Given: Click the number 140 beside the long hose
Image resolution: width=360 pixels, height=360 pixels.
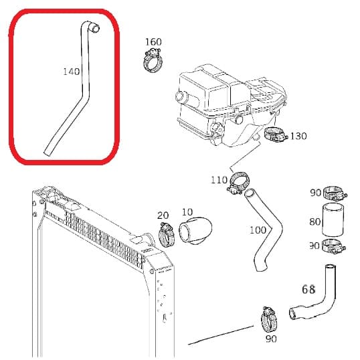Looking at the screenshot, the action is pyautogui.click(x=72, y=72).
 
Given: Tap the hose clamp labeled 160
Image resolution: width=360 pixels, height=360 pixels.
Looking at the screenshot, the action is pyautogui.click(x=153, y=61).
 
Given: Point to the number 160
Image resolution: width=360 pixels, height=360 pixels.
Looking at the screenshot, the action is pyautogui.click(x=153, y=42).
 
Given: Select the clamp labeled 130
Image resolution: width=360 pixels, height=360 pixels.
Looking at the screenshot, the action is pyautogui.click(x=275, y=134).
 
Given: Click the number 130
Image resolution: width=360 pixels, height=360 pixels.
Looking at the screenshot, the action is pyautogui.click(x=298, y=136).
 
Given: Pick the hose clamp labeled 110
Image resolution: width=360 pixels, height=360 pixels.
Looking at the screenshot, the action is pyautogui.click(x=238, y=183).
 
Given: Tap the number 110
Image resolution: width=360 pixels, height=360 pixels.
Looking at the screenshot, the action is pyautogui.click(x=219, y=180).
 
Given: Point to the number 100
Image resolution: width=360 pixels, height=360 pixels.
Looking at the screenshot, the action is pyautogui.click(x=258, y=230).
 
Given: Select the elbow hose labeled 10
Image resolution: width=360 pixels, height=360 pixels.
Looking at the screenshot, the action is pyautogui.click(x=195, y=230).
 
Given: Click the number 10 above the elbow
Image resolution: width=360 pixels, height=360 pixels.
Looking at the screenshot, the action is pyautogui.click(x=187, y=212).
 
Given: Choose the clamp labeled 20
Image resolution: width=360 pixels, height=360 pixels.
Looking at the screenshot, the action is pyautogui.click(x=167, y=234).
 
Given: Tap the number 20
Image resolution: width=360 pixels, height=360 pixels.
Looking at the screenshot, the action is pyautogui.click(x=163, y=215).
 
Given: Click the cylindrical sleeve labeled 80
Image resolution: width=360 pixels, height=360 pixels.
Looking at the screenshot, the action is pyautogui.click(x=333, y=219).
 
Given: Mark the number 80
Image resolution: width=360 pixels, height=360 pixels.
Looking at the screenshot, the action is pyautogui.click(x=315, y=221).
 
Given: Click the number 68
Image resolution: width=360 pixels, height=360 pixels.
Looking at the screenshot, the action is pyautogui.click(x=308, y=290).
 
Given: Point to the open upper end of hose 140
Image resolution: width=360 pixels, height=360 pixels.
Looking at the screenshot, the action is pyautogui.click(x=95, y=29).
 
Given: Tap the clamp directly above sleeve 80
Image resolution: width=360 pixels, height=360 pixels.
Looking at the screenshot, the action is pyautogui.click(x=335, y=193).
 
